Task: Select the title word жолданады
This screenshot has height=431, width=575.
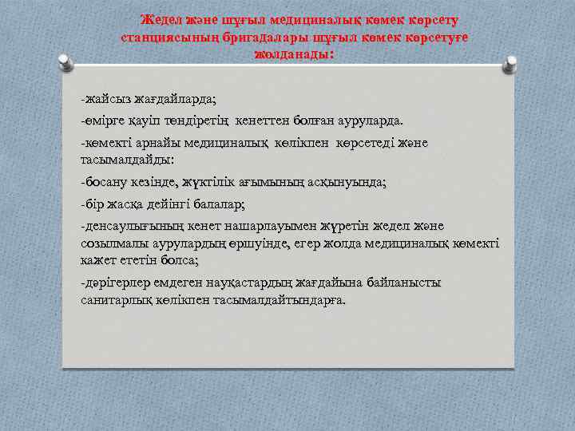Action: [292, 55]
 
